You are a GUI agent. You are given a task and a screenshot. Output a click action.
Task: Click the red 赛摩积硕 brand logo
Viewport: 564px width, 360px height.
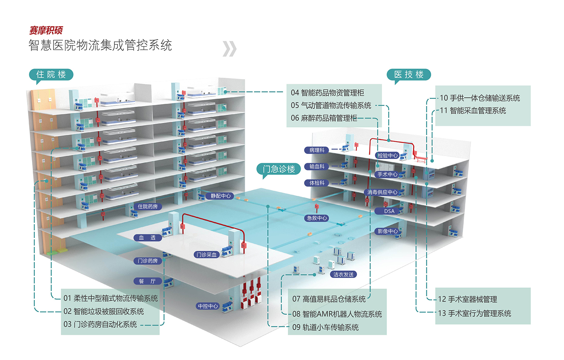(46, 30)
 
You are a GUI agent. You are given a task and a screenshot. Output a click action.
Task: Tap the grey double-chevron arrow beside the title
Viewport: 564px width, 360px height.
(229, 49)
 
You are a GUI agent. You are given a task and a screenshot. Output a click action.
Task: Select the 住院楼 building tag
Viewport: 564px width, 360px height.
(51, 75)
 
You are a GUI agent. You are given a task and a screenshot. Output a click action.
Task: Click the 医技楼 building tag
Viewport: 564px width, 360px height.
(409, 75)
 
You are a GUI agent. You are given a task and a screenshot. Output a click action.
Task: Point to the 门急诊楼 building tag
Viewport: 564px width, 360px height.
(279, 169)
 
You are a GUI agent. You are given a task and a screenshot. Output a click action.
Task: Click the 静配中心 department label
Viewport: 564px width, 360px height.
(221, 196)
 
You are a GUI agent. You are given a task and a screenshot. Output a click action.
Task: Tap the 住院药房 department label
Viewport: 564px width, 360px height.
(148, 207)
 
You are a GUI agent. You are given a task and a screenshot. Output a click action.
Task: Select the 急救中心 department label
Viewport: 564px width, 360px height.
(317, 218)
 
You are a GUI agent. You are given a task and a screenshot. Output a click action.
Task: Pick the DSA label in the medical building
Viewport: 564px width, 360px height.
(389, 211)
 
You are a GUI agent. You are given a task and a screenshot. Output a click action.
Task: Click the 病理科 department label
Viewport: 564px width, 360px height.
(317, 150)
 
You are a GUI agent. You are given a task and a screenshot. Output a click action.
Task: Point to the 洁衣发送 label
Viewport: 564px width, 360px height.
(343, 274)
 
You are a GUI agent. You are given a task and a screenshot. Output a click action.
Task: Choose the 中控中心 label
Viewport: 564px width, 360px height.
(208, 306)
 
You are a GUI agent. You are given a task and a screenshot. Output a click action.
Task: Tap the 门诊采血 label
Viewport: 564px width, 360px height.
(207, 255)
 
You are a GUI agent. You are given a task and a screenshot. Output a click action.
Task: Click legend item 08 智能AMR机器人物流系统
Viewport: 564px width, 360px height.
(337, 314)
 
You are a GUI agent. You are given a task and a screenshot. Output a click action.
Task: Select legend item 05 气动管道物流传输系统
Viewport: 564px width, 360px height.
(331, 106)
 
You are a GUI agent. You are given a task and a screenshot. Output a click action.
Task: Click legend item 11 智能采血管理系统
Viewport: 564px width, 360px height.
(473, 110)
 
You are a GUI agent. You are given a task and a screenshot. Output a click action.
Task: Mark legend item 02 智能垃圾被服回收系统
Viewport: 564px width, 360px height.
(103, 311)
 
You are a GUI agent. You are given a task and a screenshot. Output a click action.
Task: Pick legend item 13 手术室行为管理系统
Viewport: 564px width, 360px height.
(474, 313)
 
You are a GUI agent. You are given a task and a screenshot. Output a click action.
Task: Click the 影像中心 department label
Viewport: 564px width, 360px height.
(388, 231)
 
